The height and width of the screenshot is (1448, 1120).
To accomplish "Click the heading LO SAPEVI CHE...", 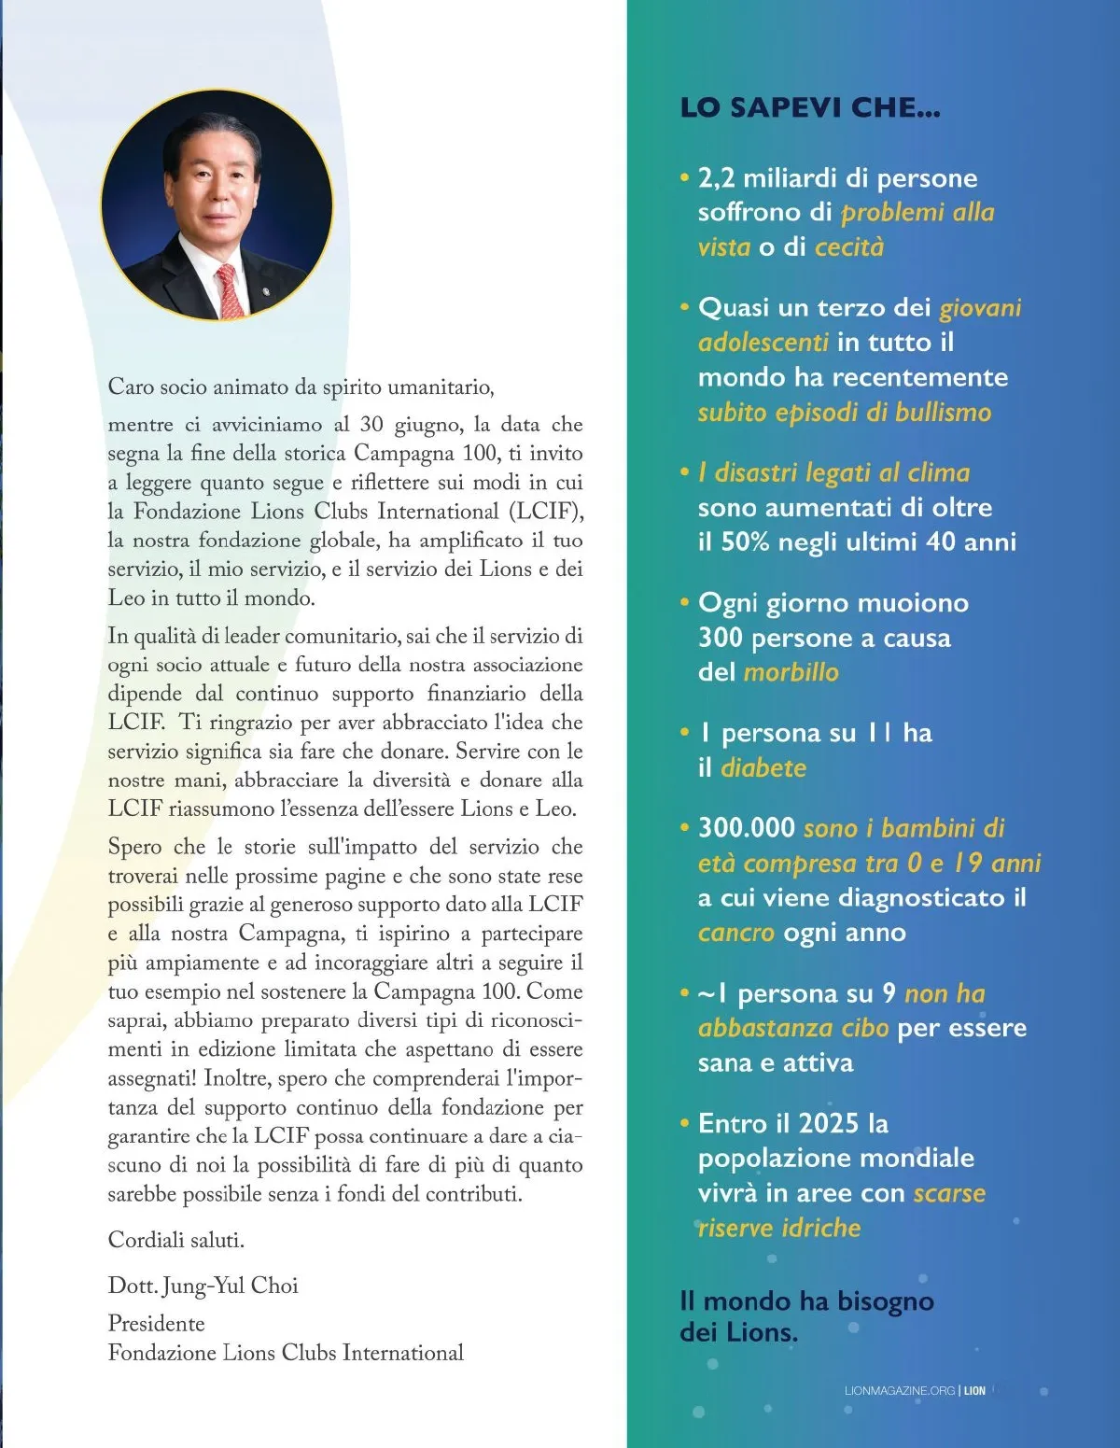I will pos(809,107).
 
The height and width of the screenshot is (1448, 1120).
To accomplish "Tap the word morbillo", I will pos(791,672).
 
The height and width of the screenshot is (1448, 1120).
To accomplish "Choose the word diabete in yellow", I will pos(763,768).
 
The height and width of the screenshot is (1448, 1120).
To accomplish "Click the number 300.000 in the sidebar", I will pos(747,828).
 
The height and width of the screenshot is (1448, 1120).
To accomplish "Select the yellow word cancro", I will pos(735,933).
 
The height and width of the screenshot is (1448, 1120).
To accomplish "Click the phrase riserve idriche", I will pos(779,1228).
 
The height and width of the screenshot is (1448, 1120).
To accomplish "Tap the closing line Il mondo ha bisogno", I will pos(806,1300).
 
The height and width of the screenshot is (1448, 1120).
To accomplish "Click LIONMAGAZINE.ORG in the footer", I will pos(899,1390).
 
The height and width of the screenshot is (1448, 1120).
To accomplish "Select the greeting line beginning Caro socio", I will pos(301,387).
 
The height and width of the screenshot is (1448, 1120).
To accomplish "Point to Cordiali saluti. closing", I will pos(175,1240).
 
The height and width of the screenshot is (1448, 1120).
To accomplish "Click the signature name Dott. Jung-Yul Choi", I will pos(203,1286).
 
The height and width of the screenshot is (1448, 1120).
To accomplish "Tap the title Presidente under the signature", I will pos(156,1324).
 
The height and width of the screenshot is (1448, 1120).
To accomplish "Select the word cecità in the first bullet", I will pos(848,247).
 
